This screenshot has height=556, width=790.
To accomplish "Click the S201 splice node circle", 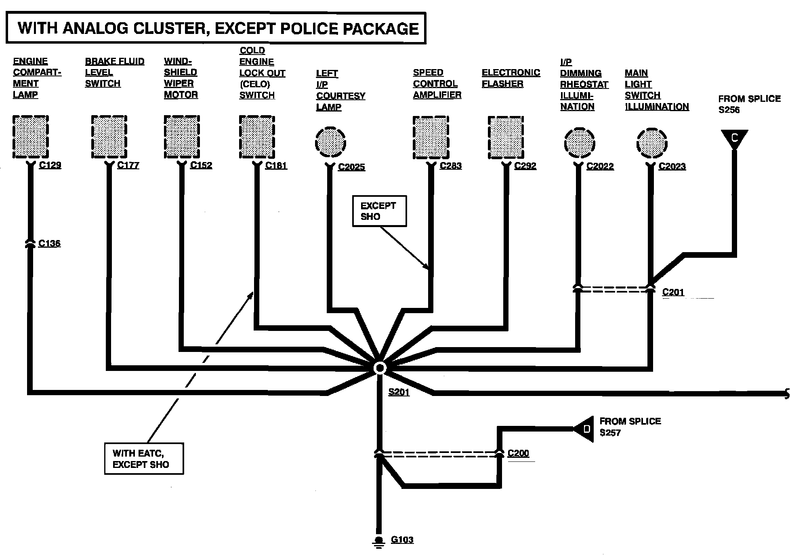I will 379,368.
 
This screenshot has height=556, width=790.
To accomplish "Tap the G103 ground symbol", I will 378,541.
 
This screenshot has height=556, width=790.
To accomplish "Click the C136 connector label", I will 49,243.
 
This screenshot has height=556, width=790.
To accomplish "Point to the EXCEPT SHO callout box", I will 379,211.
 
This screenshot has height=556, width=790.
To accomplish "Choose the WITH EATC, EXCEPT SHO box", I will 144,459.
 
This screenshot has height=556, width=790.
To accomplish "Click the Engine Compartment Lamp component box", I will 31,137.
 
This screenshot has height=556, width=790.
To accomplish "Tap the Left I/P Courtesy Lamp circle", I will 330,142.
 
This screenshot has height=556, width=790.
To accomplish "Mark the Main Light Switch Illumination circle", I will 651,143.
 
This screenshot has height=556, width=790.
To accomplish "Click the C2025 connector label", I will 351,167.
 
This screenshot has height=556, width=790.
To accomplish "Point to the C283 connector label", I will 451,166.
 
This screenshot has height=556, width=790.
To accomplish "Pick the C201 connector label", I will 673,292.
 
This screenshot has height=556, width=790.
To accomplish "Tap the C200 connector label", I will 518,453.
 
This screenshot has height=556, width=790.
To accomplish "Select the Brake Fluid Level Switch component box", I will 109,137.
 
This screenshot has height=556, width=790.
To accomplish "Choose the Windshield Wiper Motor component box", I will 182,137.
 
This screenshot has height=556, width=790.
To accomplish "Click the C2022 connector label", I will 600,166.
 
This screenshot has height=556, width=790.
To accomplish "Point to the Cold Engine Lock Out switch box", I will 257,137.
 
